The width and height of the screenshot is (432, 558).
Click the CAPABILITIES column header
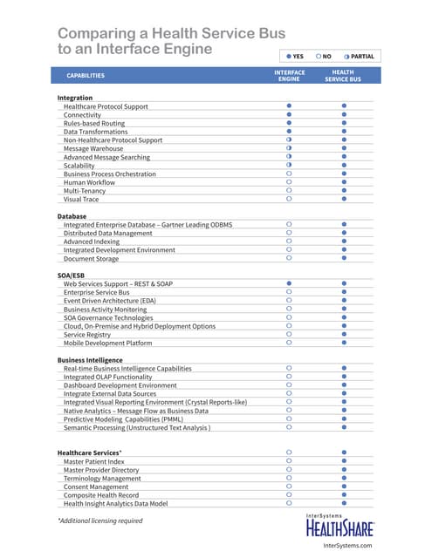point(86,75)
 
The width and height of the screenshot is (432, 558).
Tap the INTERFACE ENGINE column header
point(290,76)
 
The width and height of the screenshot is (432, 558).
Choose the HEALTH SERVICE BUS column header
point(343,76)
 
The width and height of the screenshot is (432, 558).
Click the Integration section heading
point(75,98)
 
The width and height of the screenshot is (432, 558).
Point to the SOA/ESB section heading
point(72,275)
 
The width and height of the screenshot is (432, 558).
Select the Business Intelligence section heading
point(90,359)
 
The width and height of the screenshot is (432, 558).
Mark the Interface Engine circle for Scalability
point(289,165)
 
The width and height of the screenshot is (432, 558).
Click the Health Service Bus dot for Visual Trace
point(344,199)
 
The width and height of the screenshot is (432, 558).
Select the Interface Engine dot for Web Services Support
point(289,283)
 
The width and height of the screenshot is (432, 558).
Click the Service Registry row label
point(87,335)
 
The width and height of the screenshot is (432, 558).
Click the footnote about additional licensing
point(99,521)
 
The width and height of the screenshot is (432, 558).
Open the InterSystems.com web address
point(347,545)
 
